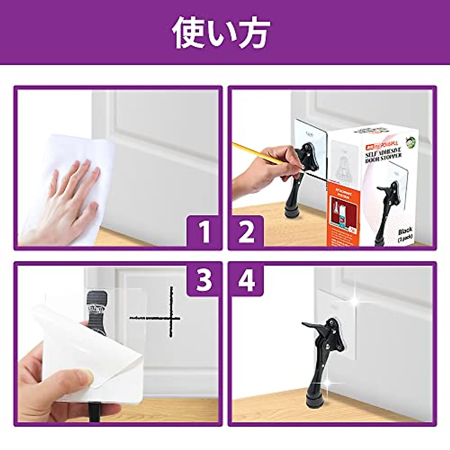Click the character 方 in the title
pos(253,33)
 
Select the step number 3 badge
pos(204,279)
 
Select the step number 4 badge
pos(246,279)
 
